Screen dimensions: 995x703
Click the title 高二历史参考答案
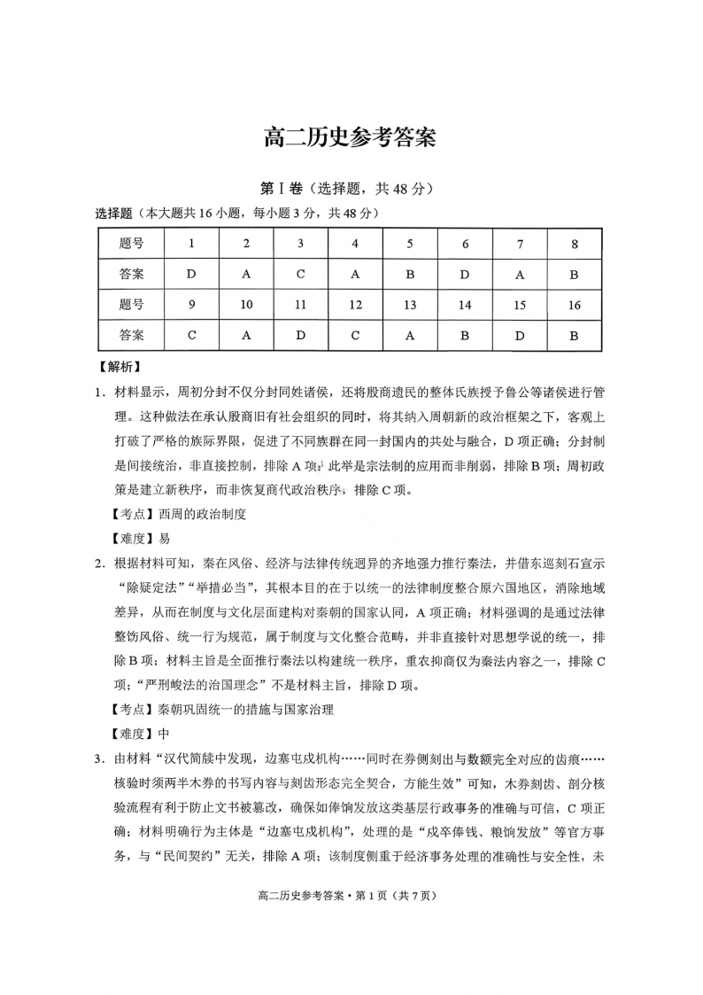point(351,138)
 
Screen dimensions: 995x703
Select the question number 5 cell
point(410,244)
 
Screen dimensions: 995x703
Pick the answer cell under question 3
point(300,275)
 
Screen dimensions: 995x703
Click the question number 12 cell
point(355,305)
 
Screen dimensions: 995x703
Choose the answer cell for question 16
point(574,336)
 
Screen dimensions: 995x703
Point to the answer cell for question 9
point(191,336)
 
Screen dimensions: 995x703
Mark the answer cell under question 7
point(520,275)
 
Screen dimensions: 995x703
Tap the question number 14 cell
point(465,305)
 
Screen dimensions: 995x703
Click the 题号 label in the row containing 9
point(131,305)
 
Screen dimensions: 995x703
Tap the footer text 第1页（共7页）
point(392,895)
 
